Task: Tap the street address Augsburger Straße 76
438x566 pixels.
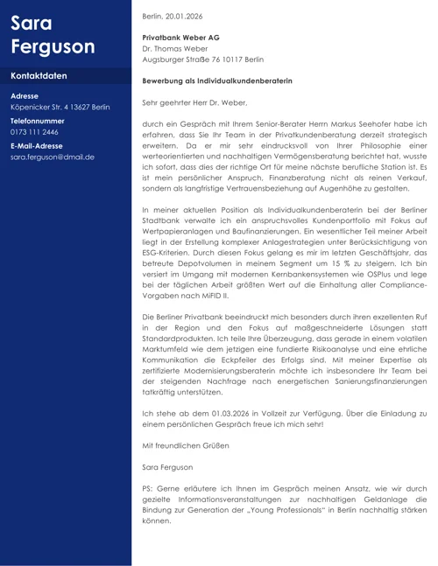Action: click(180, 59)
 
